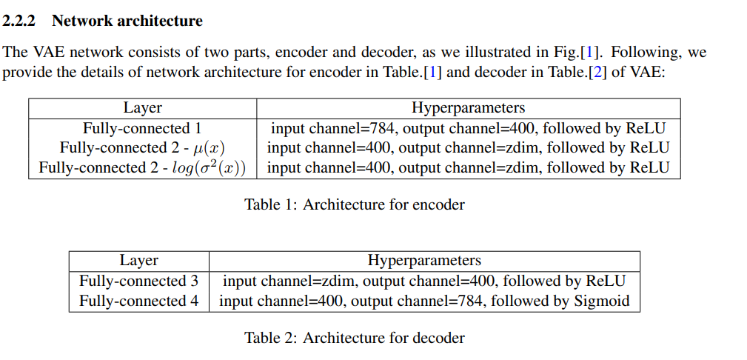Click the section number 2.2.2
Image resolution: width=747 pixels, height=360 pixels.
pos(22,21)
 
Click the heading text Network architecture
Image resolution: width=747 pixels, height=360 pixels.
pos(127,21)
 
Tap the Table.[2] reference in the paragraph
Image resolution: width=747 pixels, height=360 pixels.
pos(580,73)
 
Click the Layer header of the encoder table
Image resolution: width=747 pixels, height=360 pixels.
pos(142,108)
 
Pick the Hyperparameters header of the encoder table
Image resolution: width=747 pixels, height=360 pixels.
pos(468,108)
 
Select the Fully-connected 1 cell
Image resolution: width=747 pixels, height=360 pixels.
pos(142,128)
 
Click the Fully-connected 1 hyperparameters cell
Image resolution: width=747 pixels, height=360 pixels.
pos(468,128)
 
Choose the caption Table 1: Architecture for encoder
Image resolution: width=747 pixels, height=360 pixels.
pos(355,204)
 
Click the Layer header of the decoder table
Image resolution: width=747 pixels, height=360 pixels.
pos(138,261)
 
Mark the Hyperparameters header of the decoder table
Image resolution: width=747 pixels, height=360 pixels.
pos(424,261)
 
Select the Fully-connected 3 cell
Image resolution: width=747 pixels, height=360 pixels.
pos(138,281)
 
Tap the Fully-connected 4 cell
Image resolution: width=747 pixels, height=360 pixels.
pos(138,301)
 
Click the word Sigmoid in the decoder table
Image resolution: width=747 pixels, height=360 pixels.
pos(602,301)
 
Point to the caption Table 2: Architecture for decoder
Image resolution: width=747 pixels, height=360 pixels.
pos(355,339)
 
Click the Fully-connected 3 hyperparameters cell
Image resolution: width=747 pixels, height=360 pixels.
pos(424,281)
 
